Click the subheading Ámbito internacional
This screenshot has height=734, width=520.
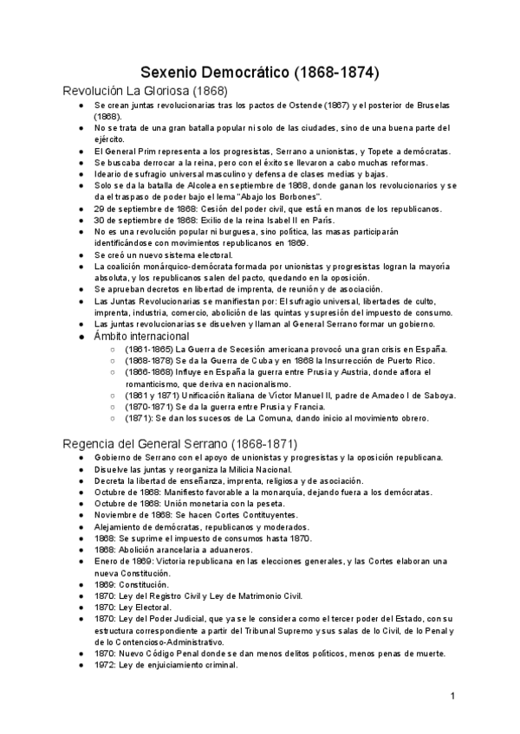tap(141, 335)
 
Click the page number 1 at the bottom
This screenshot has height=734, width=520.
tap(452, 696)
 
